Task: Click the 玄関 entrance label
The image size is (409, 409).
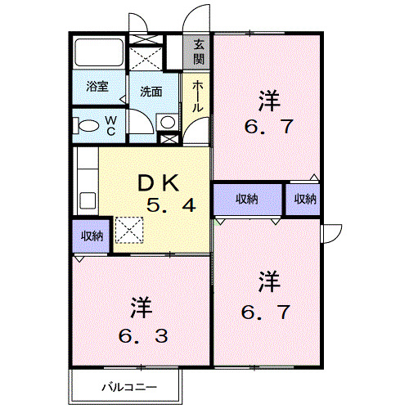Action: click(x=200, y=53)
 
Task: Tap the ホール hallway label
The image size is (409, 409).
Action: click(x=199, y=97)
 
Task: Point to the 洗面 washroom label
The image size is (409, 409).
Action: click(x=148, y=91)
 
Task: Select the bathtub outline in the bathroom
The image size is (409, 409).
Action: click(x=97, y=55)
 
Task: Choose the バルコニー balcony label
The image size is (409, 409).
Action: click(x=129, y=386)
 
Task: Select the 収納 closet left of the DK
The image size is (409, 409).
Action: click(x=92, y=236)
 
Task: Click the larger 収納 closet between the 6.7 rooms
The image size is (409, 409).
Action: click(x=248, y=200)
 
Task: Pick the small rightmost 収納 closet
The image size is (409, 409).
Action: click(x=303, y=200)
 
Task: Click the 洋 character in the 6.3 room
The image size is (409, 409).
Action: click(x=140, y=308)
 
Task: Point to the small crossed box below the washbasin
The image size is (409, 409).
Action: click(x=169, y=138)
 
